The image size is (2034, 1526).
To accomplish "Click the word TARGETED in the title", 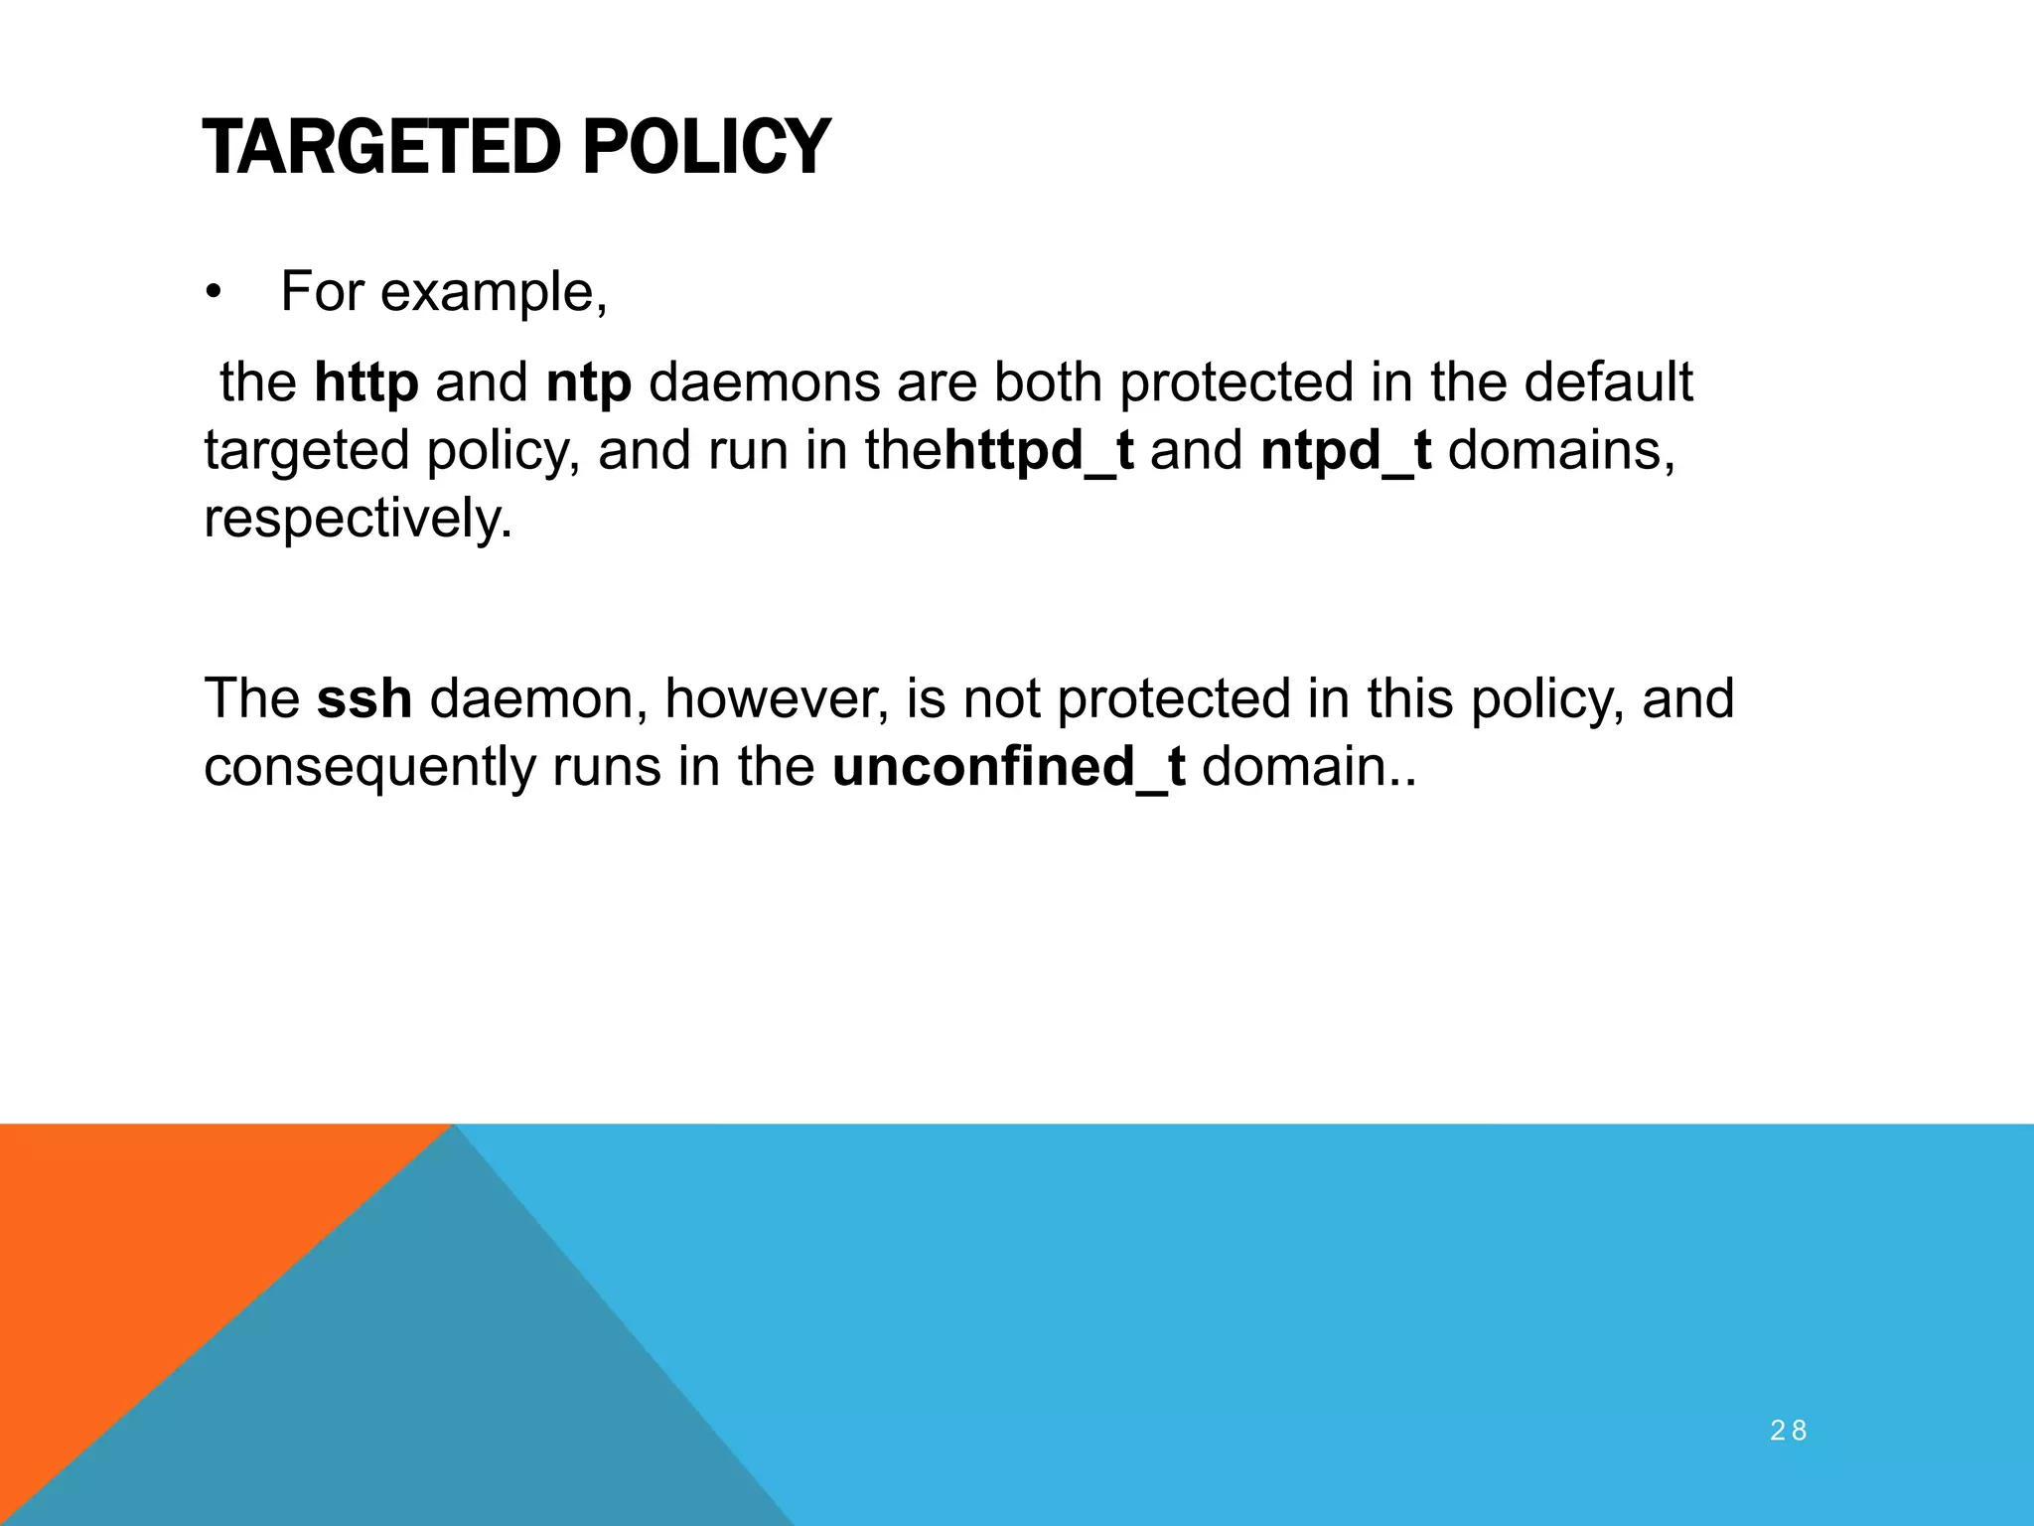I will coord(381,148).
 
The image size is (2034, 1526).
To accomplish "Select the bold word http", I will coord(365,382).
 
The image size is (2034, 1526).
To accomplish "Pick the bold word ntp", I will coord(588,382).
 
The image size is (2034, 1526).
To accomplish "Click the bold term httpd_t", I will coord(1038,451).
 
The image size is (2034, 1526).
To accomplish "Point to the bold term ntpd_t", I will coord(1346,451).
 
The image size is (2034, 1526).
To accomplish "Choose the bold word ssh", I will coord(363,698).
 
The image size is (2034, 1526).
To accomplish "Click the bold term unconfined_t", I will coord(1008,767).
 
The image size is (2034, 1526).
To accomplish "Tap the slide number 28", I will coord(1788,1431).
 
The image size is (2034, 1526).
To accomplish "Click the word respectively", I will coord(358,519).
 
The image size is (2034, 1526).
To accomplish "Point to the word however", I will coord(776,698).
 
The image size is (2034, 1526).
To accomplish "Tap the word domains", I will coord(1560,451).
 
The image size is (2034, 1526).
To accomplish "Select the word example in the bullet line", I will coord(493,293).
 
